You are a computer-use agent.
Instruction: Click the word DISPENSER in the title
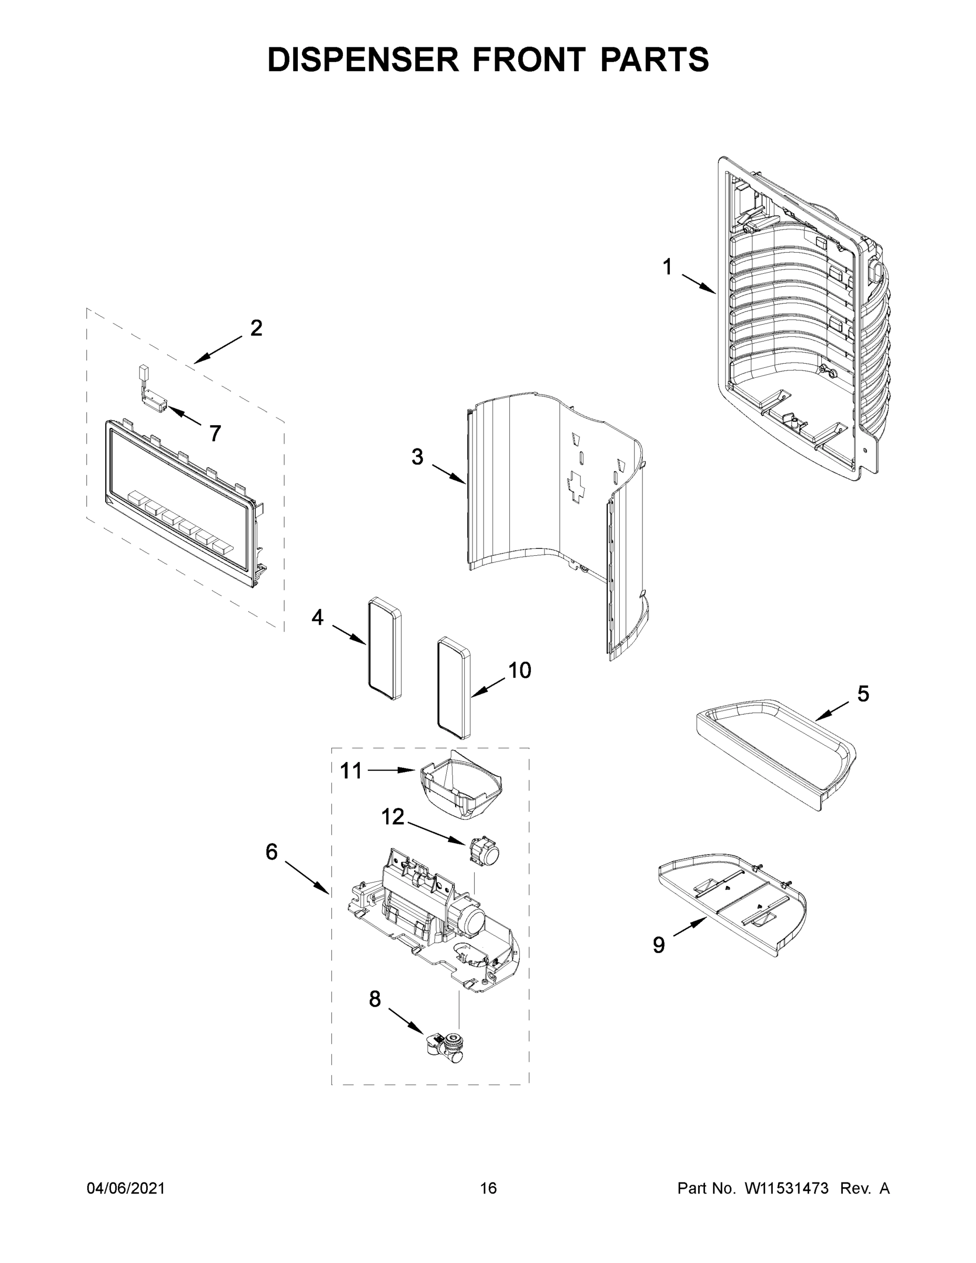point(363,59)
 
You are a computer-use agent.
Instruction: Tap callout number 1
point(667,267)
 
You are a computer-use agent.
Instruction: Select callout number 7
point(215,433)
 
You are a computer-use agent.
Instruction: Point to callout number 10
point(519,670)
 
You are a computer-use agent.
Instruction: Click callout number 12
point(393,817)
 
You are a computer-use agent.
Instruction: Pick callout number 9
point(659,945)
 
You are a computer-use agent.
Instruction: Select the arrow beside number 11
point(392,770)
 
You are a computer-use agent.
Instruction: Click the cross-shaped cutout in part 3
point(576,485)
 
